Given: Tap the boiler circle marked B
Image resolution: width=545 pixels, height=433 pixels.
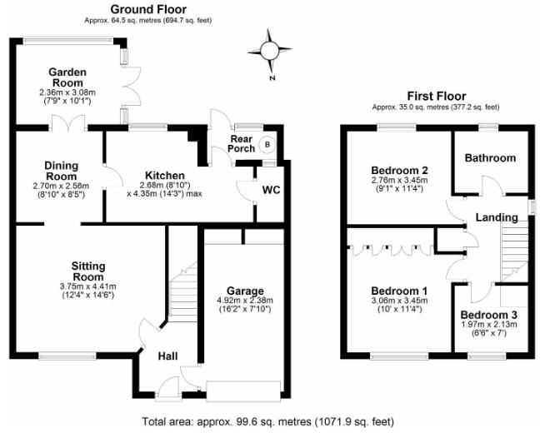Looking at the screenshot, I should [x=267, y=144].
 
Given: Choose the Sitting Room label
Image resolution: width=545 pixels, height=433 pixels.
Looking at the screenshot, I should [x=87, y=271].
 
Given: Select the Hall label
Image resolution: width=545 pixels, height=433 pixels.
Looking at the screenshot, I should [x=168, y=356].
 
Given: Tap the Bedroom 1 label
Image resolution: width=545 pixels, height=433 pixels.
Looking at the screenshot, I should [x=399, y=291].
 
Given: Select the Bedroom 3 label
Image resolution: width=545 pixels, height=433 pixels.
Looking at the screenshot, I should [x=489, y=314].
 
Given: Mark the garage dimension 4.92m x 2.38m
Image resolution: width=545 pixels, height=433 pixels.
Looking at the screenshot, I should [x=245, y=304].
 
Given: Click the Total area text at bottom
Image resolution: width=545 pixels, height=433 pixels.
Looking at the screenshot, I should [x=272, y=421].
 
